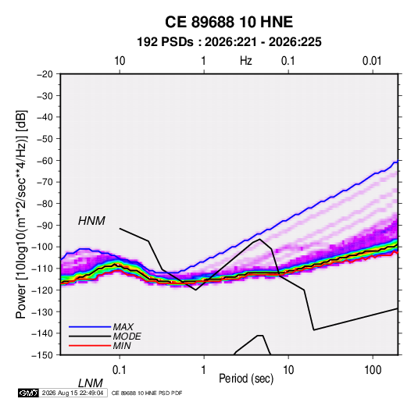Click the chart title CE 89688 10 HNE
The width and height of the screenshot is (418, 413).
click(x=229, y=22)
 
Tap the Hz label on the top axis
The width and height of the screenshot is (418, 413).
click(x=245, y=61)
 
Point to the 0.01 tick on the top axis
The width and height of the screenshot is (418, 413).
click(x=372, y=61)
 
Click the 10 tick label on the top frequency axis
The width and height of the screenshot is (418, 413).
click(x=120, y=61)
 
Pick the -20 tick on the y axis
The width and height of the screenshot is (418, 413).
click(x=45, y=74)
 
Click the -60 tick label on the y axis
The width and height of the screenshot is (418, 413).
click(x=45, y=160)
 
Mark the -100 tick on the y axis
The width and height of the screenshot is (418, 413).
click(x=42, y=247)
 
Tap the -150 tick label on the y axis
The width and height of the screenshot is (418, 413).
click(x=42, y=355)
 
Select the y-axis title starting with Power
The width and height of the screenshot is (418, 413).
click(x=21, y=215)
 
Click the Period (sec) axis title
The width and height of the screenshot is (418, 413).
click(x=246, y=379)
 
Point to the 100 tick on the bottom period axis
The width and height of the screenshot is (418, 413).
click(x=373, y=370)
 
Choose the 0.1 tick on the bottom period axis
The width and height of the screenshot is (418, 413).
click(x=120, y=370)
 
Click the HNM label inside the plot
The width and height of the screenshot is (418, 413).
click(x=91, y=221)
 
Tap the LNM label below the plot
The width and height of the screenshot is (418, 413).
click(x=90, y=383)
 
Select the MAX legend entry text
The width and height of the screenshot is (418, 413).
click(x=123, y=326)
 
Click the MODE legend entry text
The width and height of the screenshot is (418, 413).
click(x=127, y=336)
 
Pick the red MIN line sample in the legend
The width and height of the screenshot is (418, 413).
click(x=90, y=346)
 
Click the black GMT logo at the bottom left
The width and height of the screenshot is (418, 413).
click(x=29, y=393)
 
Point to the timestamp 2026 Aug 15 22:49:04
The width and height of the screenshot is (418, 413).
click(x=73, y=393)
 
